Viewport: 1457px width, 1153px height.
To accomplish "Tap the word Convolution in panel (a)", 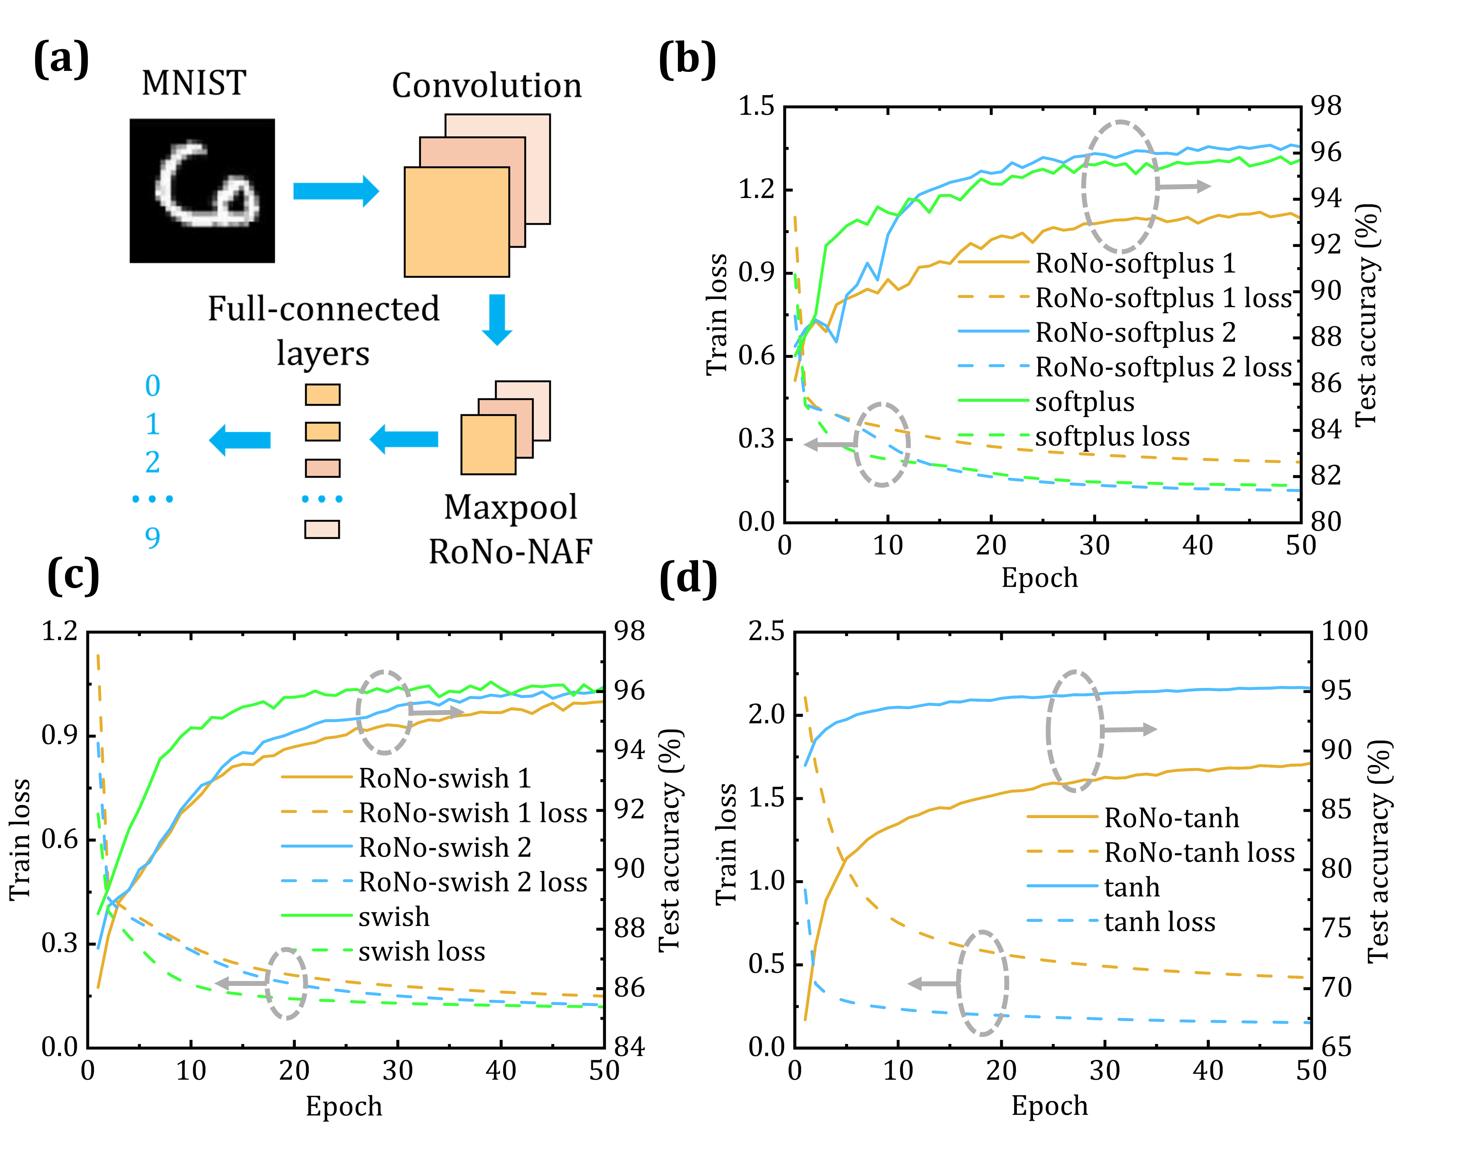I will (486, 86).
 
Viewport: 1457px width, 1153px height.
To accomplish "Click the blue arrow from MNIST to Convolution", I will (336, 191).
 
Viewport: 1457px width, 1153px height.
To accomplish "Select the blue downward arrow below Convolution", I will (497, 319).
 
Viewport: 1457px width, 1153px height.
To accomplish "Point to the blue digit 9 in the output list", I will (153, 538).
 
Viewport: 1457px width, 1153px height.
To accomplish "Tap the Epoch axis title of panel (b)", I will (1039, 578).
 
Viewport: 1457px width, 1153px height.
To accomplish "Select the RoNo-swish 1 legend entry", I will (444, 779).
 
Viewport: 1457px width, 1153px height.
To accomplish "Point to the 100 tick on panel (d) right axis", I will (1344, 631).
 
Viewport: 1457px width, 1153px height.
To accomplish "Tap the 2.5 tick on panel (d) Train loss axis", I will (767, 631).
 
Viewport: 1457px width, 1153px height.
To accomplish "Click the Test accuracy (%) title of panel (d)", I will (1378, 850).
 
